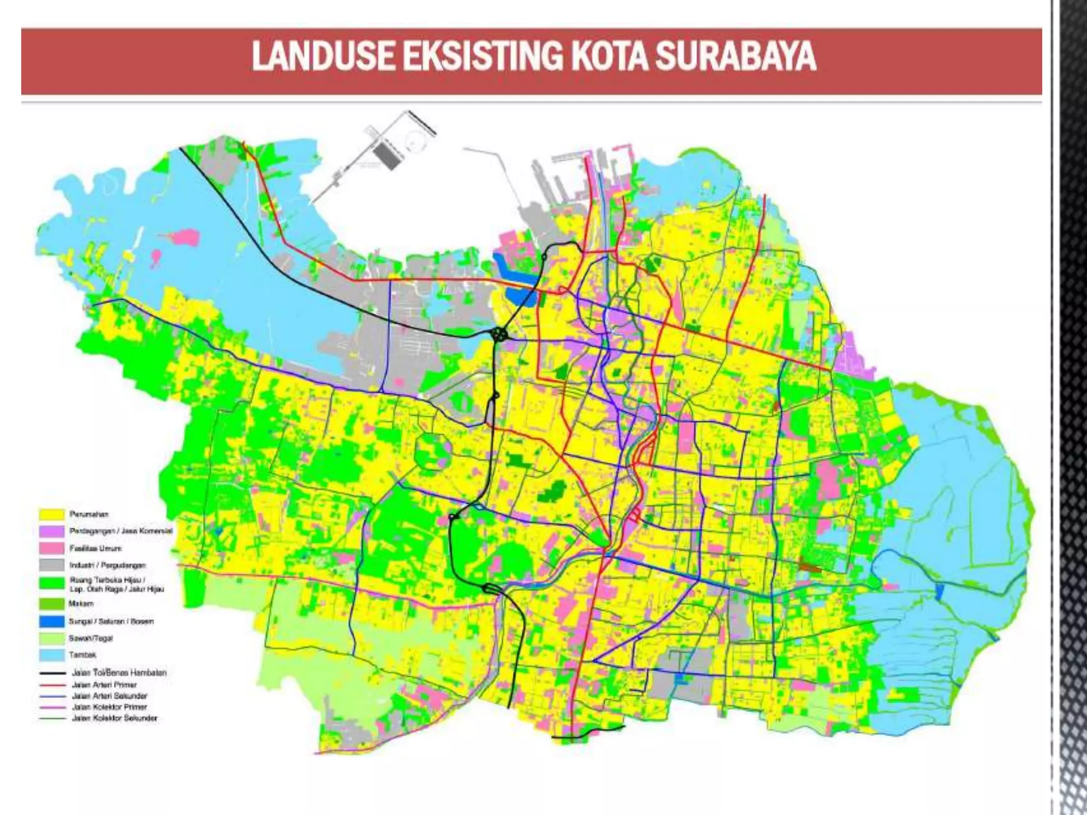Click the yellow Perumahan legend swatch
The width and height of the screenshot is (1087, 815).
51,515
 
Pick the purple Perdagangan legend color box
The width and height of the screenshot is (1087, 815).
51,532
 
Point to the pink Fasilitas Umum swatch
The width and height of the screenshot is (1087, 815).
51,549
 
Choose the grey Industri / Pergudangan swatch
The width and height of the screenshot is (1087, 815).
51,566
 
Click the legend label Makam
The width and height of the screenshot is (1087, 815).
81,604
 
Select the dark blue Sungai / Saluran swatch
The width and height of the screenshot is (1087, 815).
51,621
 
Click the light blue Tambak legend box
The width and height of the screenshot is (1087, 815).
51,655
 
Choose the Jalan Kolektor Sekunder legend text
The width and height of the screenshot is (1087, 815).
115,718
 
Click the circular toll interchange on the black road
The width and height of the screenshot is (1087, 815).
499,334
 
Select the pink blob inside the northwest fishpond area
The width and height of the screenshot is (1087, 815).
183,237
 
